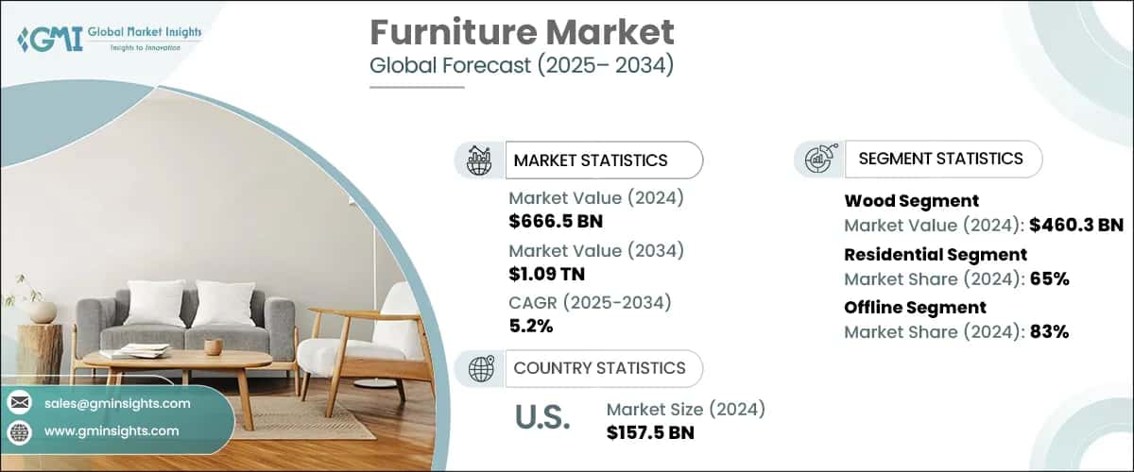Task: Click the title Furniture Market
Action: coord(522,33)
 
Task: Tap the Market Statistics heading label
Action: coord(591,160)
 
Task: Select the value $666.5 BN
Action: coord(556,222)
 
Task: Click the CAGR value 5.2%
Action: coord(531,327)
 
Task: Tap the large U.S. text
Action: coord(542,417)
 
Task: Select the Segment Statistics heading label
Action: coord(940,159)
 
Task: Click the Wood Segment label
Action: coord(911,200)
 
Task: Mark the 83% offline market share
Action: coord(1048,331)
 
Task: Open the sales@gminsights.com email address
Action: coord(117,403)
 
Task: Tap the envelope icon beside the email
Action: coord(19,403)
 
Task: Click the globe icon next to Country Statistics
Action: coord(481,368)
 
